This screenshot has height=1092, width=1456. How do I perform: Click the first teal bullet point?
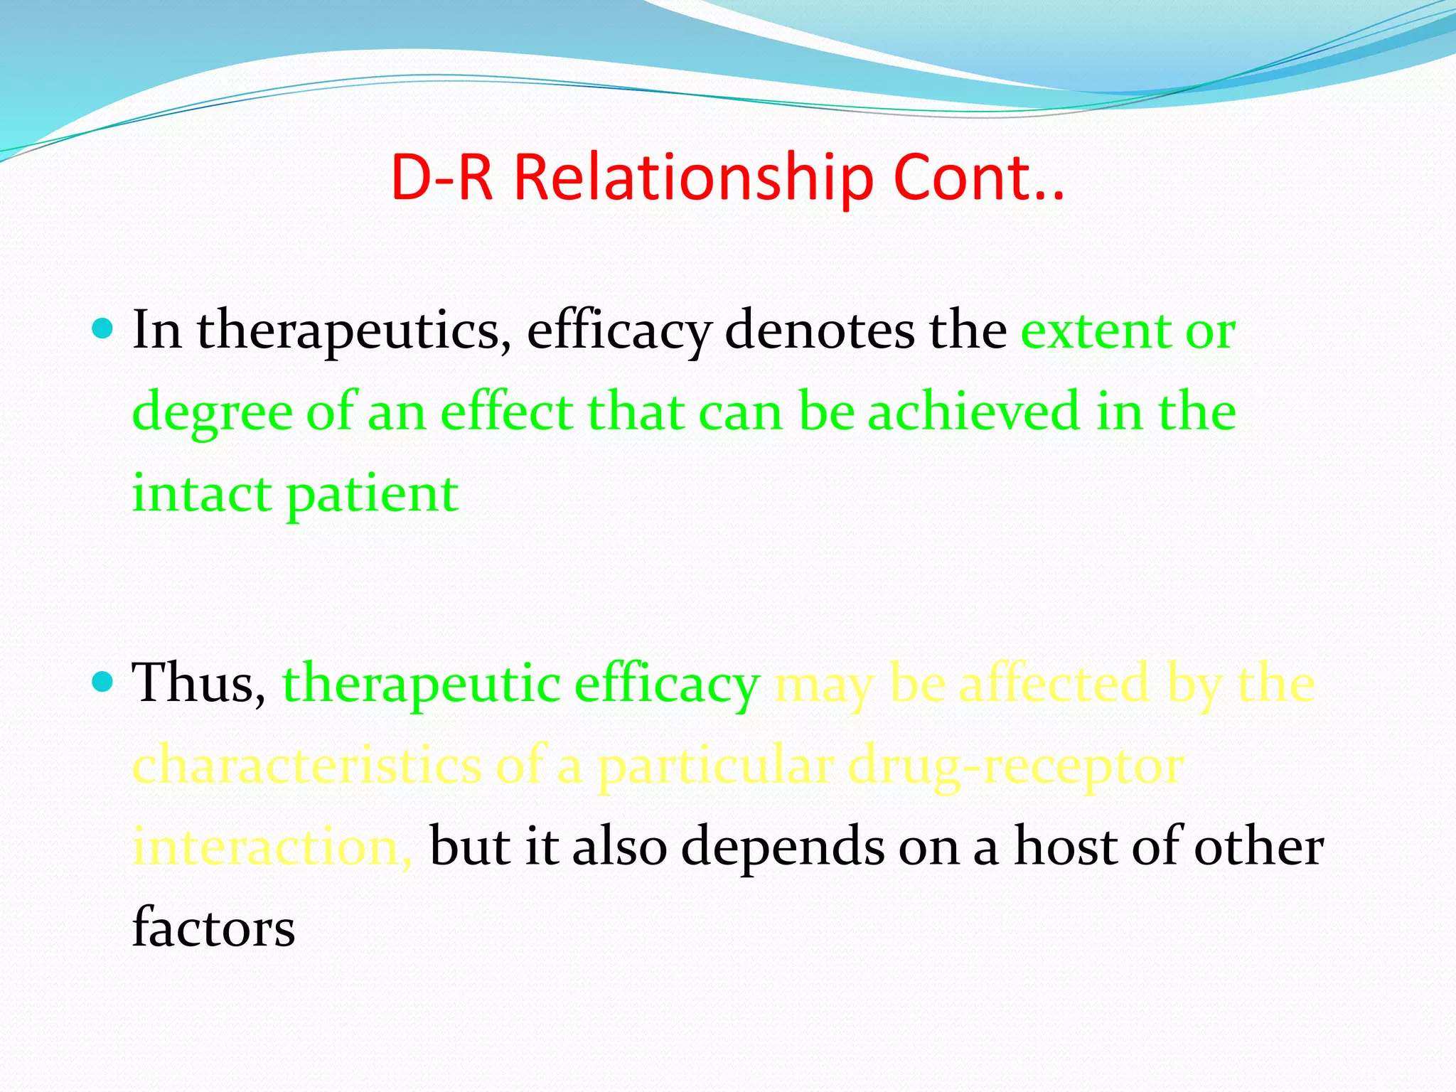tap(104, 329)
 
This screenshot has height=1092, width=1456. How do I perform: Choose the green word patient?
tap(373, 495)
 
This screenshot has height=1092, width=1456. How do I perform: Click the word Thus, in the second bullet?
tap(199, 682)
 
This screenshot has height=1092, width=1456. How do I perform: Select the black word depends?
tap(783, 847)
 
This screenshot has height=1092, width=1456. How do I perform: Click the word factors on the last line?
tap(213, 927)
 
